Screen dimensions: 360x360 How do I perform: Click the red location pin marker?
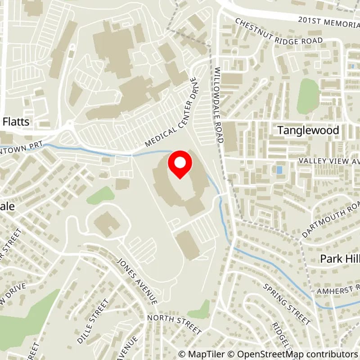click(180, 165)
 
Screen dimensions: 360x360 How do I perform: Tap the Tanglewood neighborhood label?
click(308, 130)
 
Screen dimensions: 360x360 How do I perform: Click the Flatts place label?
click(16, 121)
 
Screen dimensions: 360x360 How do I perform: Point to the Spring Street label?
click(287, 304)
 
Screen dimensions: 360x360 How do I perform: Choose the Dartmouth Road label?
click(330, 216)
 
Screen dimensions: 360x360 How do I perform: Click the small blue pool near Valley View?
click(280, 170)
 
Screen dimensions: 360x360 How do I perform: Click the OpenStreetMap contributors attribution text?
click(294, 354)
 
